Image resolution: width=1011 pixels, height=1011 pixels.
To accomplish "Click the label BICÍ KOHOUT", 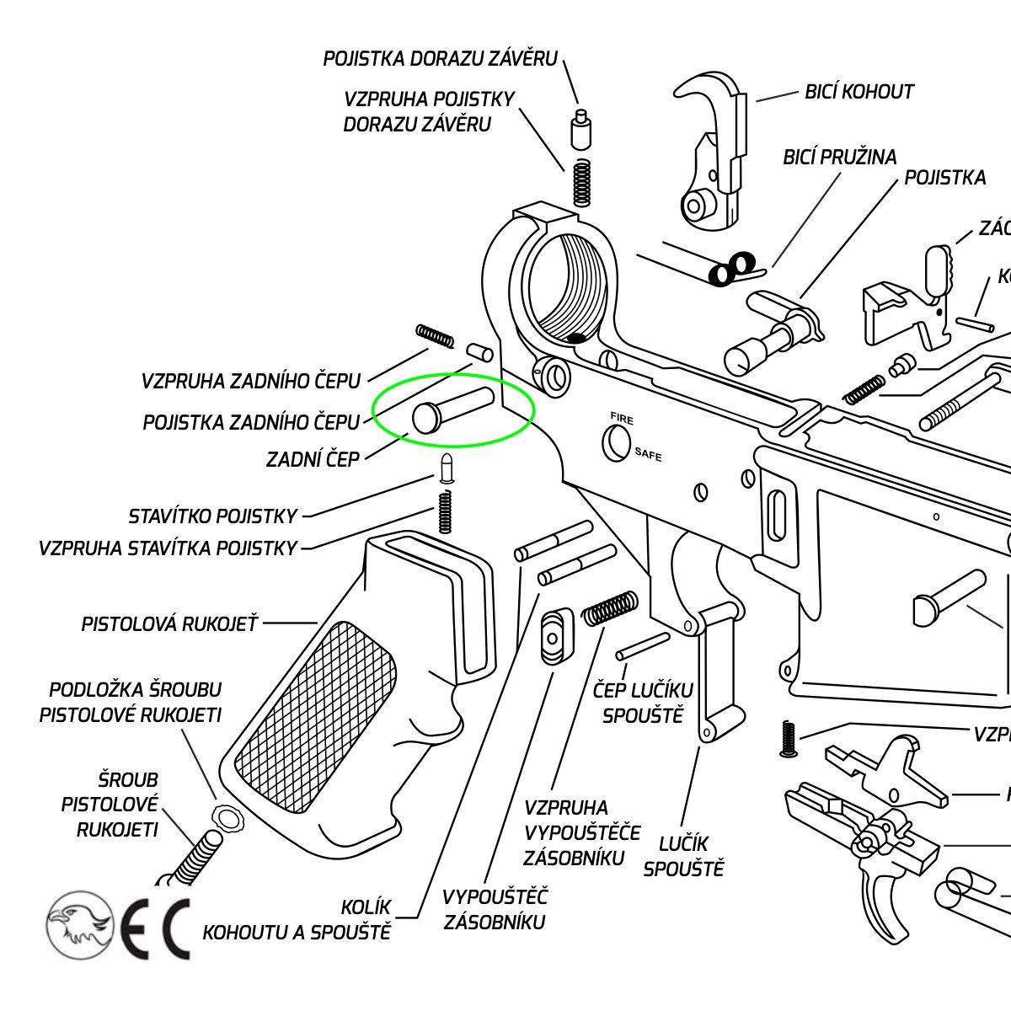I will point(859,91).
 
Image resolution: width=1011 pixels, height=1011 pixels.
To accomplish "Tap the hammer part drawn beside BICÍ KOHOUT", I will point(713,152).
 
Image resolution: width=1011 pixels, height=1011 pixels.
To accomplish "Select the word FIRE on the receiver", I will point(623,419).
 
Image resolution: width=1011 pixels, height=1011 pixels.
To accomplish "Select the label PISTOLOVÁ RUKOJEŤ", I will point(169,624).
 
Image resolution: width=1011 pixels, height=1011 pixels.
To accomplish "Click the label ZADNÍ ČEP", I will point(313,460).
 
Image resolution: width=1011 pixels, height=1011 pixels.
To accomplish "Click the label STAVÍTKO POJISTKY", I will point(213,516).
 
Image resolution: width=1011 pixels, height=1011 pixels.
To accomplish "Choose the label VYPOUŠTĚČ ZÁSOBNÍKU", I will point(495,908).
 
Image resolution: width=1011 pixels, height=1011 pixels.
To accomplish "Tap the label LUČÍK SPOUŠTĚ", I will point(683,855).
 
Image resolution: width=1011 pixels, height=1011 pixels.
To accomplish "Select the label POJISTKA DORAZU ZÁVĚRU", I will point(441,59).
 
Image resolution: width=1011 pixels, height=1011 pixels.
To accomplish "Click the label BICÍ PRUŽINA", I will point(839,157).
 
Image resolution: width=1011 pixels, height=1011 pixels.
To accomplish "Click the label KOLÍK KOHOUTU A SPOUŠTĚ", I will point(297,920).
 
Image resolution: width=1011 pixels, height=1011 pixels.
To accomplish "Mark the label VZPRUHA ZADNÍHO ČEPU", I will point(251,381).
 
